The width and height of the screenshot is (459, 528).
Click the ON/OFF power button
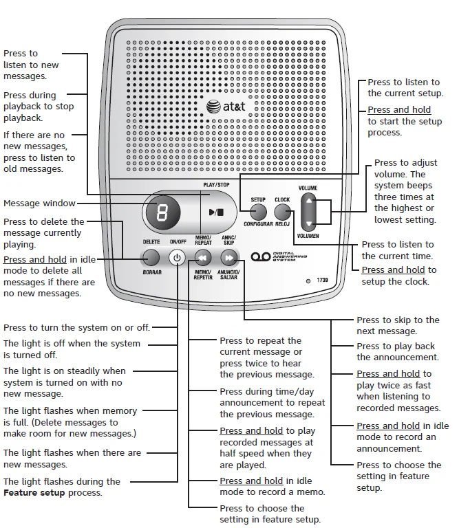tap(178, 258)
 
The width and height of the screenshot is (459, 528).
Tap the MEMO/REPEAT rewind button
tap(203, 258)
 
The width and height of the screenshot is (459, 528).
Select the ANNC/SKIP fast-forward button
tap(229, 258)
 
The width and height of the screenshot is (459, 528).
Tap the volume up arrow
tap(310, 202)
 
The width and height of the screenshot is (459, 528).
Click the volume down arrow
tap(310, 224)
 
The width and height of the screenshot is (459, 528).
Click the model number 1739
tap(323, 280)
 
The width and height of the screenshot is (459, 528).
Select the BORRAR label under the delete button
tap(151, 272)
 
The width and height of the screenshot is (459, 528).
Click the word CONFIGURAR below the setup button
tap(258, 225)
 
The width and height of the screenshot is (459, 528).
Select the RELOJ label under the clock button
tap(283, 225)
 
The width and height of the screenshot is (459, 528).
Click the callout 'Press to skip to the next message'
tap(397, 325)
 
